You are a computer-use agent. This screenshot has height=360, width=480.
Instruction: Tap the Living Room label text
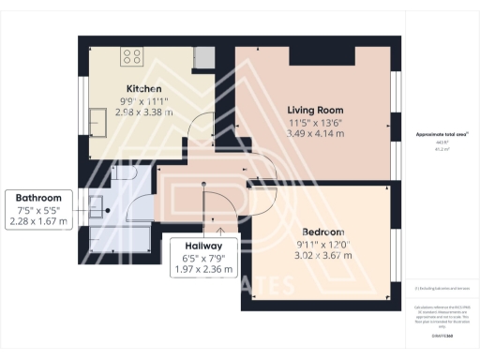tap(314, 110)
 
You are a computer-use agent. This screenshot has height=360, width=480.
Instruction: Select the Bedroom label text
tap(322, 232)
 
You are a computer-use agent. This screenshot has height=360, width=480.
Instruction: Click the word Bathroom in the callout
tap(38, 198)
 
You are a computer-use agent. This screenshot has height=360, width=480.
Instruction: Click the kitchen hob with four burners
tap(130, 56)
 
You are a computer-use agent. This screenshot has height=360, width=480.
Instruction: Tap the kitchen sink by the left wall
tap(97, 119)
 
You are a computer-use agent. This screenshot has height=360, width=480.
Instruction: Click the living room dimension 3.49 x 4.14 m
tap(314, 135)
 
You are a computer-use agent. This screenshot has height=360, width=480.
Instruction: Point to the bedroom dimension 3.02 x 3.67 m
tap(322, 255)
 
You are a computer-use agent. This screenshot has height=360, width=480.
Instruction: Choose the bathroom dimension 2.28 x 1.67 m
tap(38, 221)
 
